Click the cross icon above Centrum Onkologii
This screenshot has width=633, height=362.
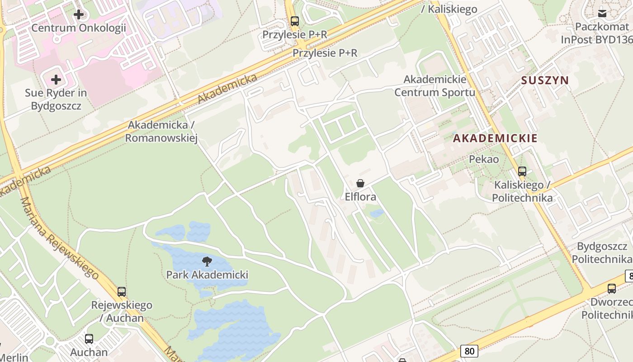click(x=79, y=14)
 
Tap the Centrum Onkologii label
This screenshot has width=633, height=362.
click(x=79, y=28)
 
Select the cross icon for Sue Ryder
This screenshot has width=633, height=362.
click(x=56, y=80)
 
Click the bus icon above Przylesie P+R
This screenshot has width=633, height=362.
click(x=295, y=21)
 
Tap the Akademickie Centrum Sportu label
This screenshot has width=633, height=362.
click(x=435, y=86)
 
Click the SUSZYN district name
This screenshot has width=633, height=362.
click(x=545, y=81)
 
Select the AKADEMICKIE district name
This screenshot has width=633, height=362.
click(x=495, y=138)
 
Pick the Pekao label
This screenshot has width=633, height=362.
click(x=484, y=159)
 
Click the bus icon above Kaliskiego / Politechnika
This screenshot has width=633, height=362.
click(x=522, y=171)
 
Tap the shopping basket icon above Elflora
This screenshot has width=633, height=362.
click(x=360, y=183)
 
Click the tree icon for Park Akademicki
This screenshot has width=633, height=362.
click(x=207, y=261)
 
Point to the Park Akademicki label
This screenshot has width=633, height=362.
click(x=207, y=275)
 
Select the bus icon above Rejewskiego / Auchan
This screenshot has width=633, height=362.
click(x=122, y=292)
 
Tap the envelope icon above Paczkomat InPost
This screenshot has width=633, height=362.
click(x=602, y=14)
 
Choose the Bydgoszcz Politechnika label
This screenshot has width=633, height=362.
click(x=602, y=252)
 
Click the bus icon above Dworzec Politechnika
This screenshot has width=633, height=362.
click(x=612, y=289)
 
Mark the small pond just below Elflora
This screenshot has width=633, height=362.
click(x=377, y=213)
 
